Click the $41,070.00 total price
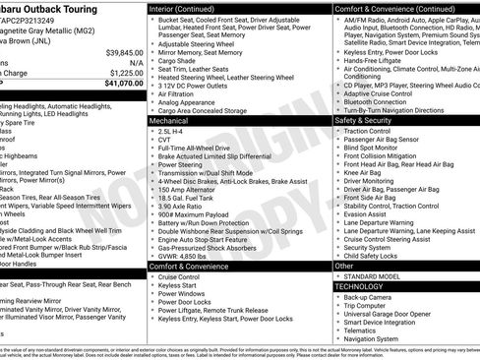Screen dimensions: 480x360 coord(119,84)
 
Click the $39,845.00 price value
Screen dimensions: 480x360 coord(122,51)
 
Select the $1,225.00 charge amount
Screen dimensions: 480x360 coord(124,72)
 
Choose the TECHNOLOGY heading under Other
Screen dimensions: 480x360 coord(364,286)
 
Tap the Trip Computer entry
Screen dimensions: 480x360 coord(371,307)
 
